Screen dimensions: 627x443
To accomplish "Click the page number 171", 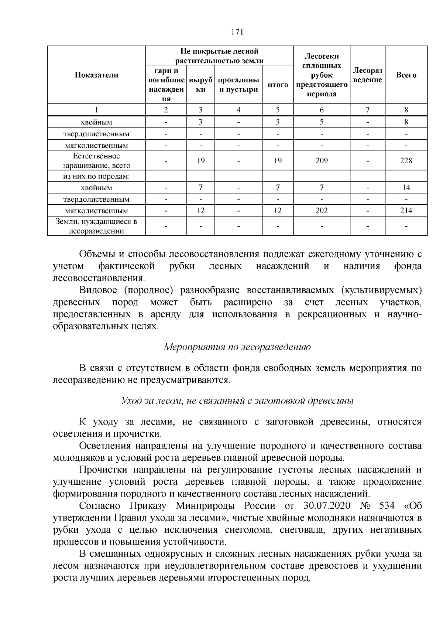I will tap(237, 32).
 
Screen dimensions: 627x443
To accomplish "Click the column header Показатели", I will tap(97, 75).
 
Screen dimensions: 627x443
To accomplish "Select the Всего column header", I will tap(406, 75).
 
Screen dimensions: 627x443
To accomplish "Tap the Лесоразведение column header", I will tap(367, 75).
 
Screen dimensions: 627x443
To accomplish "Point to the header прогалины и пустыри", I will tap(238, 85).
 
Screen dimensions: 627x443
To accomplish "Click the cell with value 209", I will tap(322, 161).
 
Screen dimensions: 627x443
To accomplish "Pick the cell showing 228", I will tap(406, 161).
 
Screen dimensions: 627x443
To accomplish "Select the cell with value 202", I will tap(322, 211).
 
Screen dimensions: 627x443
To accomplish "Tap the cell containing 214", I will tap(406, 211).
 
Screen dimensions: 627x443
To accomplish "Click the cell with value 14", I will tap(406, 188).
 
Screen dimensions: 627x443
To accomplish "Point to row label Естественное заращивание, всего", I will tap(97, 161).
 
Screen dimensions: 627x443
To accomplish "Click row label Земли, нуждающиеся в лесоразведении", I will tap(97, 226).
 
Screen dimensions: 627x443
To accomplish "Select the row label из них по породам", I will tap(97, 176).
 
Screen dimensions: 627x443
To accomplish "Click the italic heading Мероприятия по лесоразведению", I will tap(237, 347).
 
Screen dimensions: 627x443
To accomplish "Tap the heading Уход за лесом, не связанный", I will tap(237, 401).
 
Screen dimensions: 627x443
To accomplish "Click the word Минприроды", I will tap(207, 505).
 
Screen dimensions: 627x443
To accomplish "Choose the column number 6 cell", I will tap(322, 110).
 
